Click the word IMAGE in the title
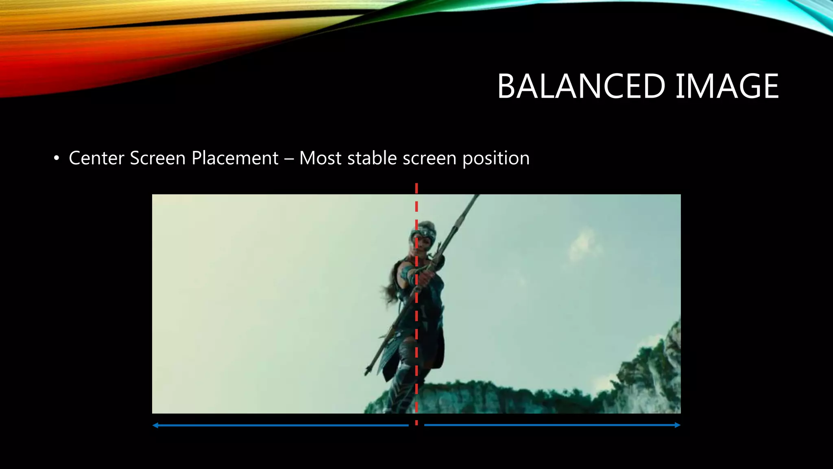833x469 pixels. [727, 86]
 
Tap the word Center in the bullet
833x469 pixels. [96, 158]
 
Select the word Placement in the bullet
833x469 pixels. [235, 158]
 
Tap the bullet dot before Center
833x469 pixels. [57, 158]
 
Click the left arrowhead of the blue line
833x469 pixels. [155, 425]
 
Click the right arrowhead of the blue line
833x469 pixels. [678, 425]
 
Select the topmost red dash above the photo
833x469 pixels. [416, 188]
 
